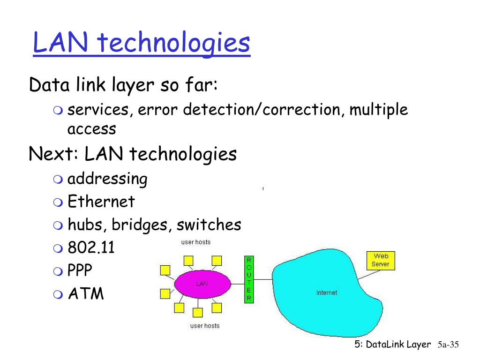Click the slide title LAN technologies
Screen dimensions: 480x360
141,43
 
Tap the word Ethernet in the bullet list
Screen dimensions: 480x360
101,202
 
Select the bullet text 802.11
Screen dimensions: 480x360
91,247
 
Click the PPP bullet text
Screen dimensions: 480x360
80,270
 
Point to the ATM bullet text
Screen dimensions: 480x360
86,294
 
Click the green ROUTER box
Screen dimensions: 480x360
249,279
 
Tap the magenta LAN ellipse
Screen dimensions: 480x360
202,284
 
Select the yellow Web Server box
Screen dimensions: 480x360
380,260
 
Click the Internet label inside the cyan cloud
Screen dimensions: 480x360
326,292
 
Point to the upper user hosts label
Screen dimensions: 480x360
196,242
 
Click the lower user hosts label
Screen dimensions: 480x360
204,325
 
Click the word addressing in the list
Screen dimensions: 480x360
107,179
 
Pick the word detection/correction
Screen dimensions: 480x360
262,110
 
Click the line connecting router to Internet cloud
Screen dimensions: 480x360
263,279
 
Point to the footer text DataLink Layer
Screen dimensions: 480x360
398,345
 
